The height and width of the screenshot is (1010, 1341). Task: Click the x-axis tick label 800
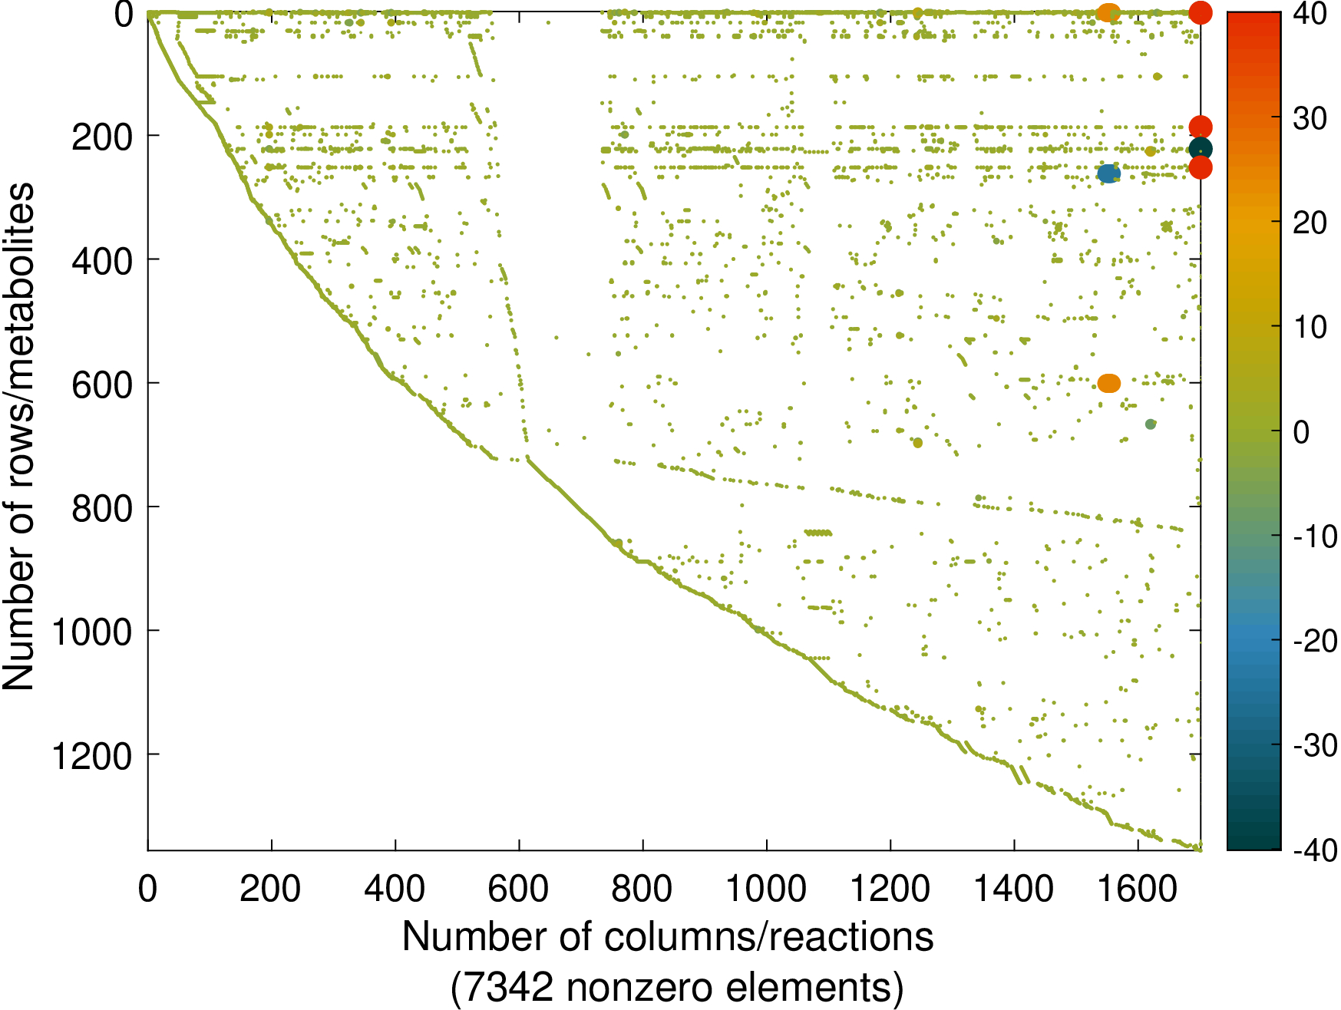tap(642, 890)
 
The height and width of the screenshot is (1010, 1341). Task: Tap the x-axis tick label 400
tap(395, 890)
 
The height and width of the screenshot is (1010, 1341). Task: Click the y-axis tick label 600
tap(102, 385)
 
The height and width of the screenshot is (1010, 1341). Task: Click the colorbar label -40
tap(1313, 850)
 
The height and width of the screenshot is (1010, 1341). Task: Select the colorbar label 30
tap(1309, 119)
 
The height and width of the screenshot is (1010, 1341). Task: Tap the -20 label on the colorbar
tap(1313, 641)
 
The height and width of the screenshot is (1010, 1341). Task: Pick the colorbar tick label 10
tap(1309, 328)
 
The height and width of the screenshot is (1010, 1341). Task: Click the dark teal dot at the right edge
tap(1201, 149)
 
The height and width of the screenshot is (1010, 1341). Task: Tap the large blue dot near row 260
tap(1108, 174)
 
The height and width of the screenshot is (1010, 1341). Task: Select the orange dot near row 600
tap(1109, 383)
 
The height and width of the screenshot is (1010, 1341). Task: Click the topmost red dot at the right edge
tap(1201, 12)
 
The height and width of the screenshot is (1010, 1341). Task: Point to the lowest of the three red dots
tap(1201, 167)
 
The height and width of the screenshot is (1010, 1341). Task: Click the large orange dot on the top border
tap(1108, 12)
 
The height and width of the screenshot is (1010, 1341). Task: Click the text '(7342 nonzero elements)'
tap(676, 988)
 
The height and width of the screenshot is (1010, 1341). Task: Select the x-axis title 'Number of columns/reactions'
tap(668, 937)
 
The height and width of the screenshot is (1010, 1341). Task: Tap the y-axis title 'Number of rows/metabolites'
tap(18, 436)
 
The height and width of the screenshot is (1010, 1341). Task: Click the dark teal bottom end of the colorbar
tap(1253, 840)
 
